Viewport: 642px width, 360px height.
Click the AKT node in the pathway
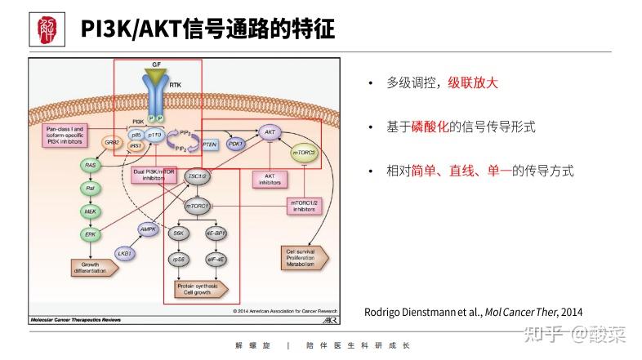tap(269, 131)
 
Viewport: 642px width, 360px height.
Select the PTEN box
tap(209, 144)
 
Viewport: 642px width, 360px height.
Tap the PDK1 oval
tap(236, 144)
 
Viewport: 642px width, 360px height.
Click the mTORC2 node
tap(304, 152)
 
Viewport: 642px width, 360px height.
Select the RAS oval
tap(91, 166)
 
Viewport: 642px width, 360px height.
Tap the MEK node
tap(91, 211)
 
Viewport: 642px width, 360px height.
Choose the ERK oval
tap(91, 234)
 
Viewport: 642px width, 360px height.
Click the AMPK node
tap(148, 229)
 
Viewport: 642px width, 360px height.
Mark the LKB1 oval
tap(125, 254)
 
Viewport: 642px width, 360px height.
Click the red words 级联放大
tap(472, 82)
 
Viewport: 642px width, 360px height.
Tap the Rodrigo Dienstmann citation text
tap(473, 311)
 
